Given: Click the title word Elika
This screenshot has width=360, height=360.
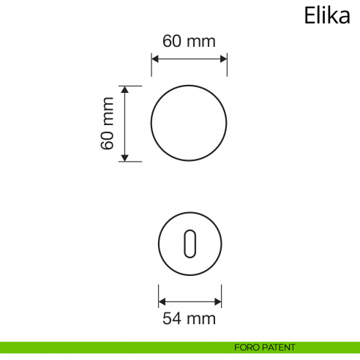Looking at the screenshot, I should pyautogui.click(x=326, y=15).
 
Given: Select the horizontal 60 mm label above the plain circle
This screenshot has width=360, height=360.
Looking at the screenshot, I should pyautogui.click(x=189, y=41).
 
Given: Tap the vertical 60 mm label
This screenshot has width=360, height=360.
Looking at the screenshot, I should pyautogui.click(x=108, y=123).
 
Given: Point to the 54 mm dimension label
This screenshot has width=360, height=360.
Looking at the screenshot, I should pyautogui.click(x=190, y=318).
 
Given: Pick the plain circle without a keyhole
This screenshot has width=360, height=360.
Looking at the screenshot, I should pyautogui.click(x=189, y=123).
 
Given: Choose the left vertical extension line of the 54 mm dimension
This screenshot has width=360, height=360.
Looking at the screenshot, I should pyautogui.click(x=159, y=294).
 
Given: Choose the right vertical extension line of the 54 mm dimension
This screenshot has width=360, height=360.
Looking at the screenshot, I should pyautogui.click(x=222, y=294).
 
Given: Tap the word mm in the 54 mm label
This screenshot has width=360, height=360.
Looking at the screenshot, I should pyautogui.click(x=202, y=318).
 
